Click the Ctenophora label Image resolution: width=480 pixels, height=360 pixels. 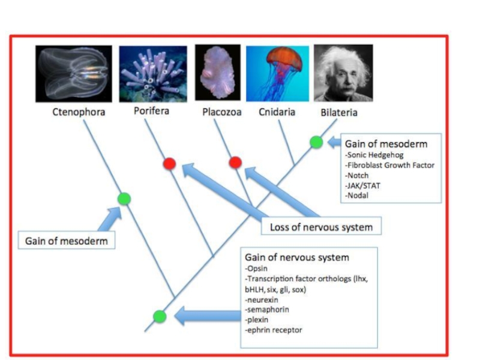[x=79, y=112]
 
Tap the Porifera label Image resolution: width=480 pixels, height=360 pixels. [x=151, y=110]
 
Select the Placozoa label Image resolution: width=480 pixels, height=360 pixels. [x=221, y=112]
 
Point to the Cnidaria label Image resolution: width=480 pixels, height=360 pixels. [x=277, y=112]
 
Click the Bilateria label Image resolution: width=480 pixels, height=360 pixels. [x=339, y=113]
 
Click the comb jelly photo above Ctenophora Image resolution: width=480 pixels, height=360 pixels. [x=74, y=74]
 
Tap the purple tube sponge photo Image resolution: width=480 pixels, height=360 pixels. [x=153, y=74]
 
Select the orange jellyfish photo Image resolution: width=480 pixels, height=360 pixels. [x=277, y=73]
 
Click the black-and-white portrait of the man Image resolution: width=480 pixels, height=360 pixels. [x=343, y=73]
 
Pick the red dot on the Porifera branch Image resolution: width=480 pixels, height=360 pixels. [x=169, y=163]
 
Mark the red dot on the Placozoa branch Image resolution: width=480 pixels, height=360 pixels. [x=235, y=162]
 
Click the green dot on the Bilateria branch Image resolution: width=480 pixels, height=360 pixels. [x=316, y=142]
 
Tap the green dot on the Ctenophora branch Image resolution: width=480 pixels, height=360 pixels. [x=124, y=199]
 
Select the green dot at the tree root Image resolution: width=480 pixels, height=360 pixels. [x=160, y=316]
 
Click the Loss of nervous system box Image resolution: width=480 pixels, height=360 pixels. [x=321, y=226]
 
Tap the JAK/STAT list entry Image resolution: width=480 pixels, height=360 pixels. [x=363, y=185]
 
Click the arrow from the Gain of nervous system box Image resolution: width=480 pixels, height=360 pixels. [x=208, y=316]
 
